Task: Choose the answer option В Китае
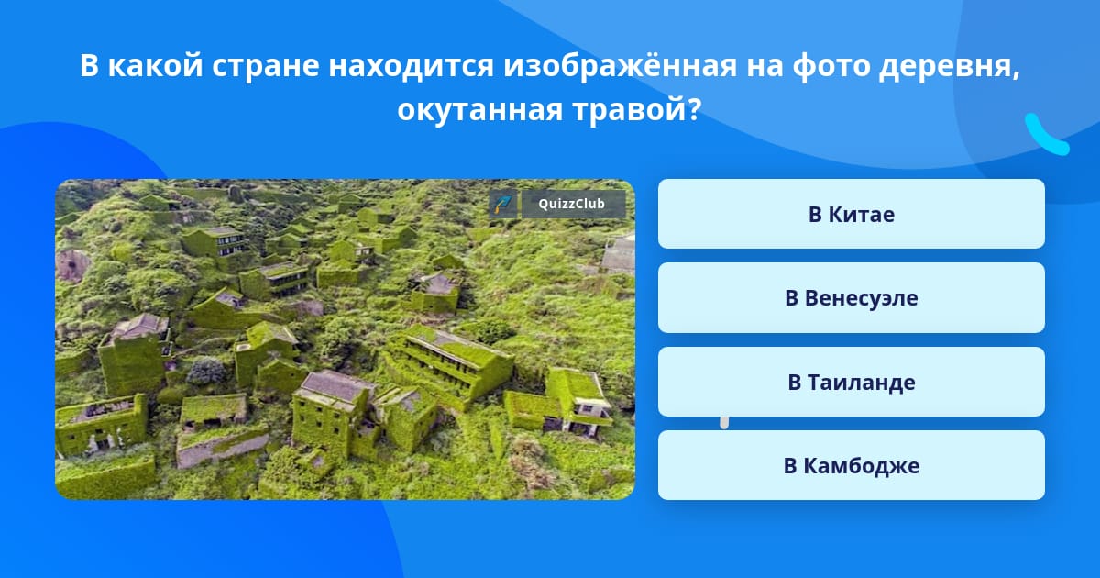(x=851, y=214)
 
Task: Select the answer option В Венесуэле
(x=851, y=298)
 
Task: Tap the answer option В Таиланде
(x=851, y=382)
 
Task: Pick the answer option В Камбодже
(x=851, y=465)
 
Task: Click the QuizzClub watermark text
(x=572, y=204)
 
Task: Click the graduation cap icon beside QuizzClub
(x=503, y=204)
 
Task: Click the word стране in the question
(x=266, y=65)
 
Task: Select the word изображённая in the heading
(x=620, y=65)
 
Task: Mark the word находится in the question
(x=411, y=66)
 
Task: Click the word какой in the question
(x=155, y=64)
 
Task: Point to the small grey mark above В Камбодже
(x=724, y=423)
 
